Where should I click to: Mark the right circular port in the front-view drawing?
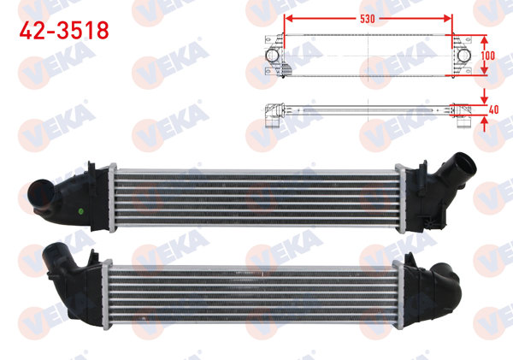462,56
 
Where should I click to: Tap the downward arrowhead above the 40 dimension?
486,96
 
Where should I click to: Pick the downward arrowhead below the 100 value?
486,73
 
